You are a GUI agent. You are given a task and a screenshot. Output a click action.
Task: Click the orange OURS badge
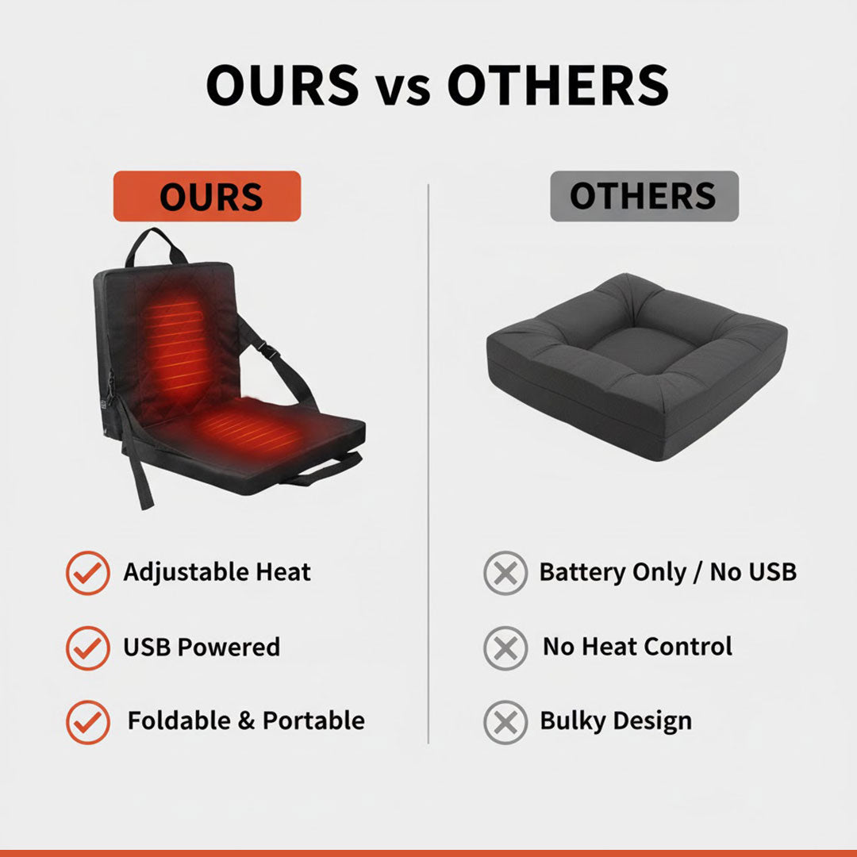point(207,196)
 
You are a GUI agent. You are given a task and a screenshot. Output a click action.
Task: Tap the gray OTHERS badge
point(644,196)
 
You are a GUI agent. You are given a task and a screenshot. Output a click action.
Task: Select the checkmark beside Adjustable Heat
point(87,572)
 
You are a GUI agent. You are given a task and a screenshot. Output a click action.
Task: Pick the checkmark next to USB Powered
point(87,648)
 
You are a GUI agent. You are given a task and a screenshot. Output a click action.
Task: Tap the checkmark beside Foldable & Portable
point(87,721)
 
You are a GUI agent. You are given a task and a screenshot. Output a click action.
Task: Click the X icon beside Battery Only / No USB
point(505,572)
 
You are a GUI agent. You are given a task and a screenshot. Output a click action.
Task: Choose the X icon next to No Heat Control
point(505,648)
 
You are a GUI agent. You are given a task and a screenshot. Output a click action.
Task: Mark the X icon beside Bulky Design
point(505,721)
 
